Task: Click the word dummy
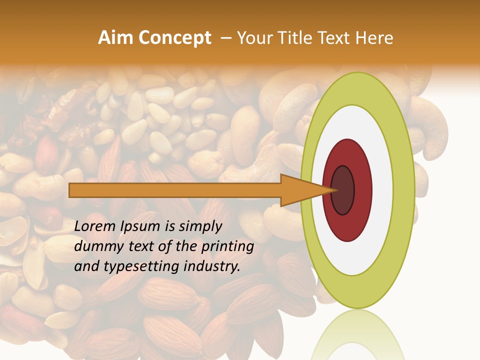point(97,247)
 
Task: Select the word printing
point(227,247)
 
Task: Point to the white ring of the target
point(382,190)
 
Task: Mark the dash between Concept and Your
point(225,38)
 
